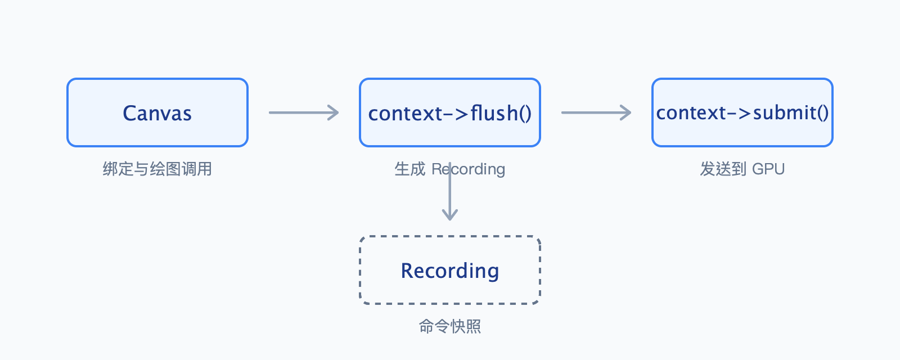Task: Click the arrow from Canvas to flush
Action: pyautogui.click(x=304, y=112)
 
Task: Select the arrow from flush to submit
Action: pyautogui.click(x=596, y=112)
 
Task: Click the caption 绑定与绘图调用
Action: pyautogui.click(x=157, y=169)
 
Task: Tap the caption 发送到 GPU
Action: pyautogui.click(x=742, y=169)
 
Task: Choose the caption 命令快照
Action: pyautogui.click(x=450, y=326)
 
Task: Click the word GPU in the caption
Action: pyautogui.click(x=768, y=169)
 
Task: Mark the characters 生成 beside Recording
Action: pyautogui.click(x=410, y=169)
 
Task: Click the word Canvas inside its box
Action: pyautogui.click(x=157, y=113)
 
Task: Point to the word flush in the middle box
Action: pyautogui.click(x=494, y=113)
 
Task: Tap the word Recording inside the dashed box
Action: pyautogui.click(x=450, y=271)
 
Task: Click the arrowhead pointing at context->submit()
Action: pyautogui.click(x=625, y=112)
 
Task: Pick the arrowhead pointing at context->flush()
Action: pyautogui.click(x=333, y=112)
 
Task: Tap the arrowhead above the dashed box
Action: pyautogui.click(x=450, y=215)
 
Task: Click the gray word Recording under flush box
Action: pyautogui.click(x=469, y=169)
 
